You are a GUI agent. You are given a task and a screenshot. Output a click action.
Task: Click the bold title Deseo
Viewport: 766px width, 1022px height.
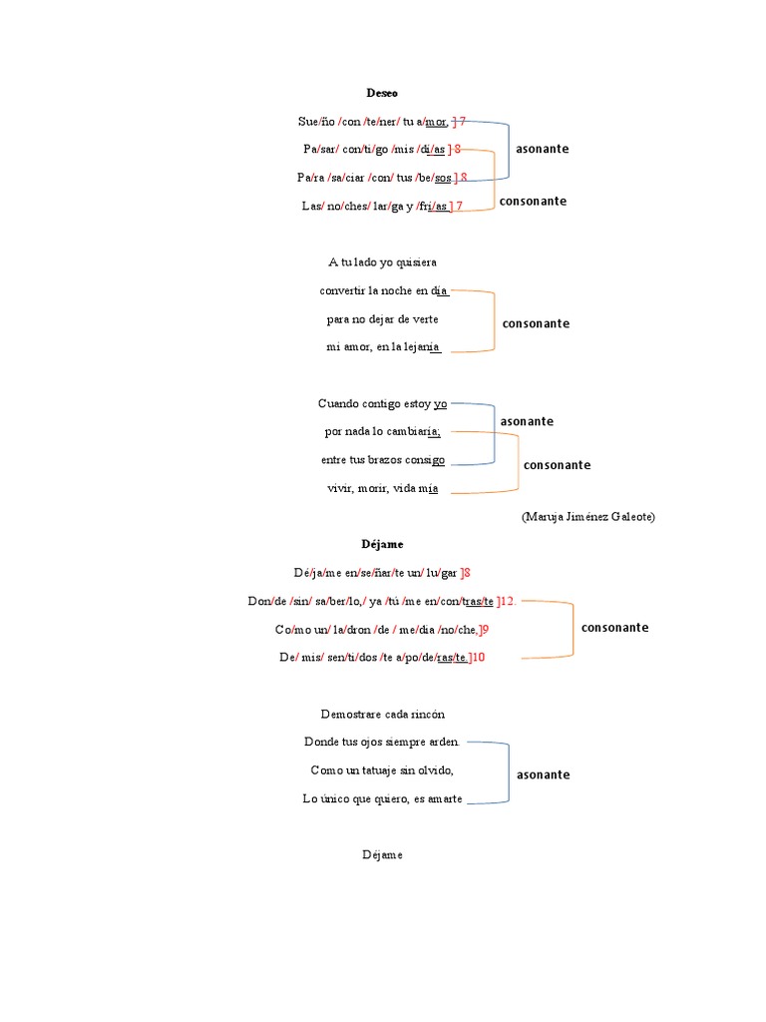point(382,93)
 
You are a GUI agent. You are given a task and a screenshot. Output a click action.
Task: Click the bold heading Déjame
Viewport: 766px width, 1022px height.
point(382,545)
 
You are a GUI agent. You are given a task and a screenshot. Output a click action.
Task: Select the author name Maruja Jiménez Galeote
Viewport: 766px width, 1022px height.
point(588,517)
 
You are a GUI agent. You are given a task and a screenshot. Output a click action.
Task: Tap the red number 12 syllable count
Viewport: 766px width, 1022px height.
point(507,601)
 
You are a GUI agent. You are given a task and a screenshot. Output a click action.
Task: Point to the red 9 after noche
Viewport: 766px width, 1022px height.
point(484,629)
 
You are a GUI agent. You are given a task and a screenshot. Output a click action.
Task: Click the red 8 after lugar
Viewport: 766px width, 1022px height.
point(467,573)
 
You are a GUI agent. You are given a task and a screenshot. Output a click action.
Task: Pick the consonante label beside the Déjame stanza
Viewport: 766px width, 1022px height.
point(614,628)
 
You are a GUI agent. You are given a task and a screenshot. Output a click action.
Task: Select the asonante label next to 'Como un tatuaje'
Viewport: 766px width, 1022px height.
point(543,774)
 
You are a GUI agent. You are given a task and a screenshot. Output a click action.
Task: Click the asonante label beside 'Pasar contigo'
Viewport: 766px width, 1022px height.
point(543,149)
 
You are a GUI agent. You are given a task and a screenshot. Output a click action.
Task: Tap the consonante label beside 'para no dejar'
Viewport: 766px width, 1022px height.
point(536,323)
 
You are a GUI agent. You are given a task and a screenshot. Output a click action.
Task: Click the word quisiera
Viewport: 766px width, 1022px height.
point(417,262)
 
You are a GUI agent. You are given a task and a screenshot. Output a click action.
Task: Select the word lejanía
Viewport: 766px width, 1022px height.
point(420,347)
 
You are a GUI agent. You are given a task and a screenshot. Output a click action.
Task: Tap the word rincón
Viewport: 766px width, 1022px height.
point(425,715)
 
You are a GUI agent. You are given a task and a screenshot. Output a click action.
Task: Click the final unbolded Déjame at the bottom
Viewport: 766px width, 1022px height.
point(382,855)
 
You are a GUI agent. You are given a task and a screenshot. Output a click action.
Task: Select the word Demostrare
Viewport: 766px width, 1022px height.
point(344,715)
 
